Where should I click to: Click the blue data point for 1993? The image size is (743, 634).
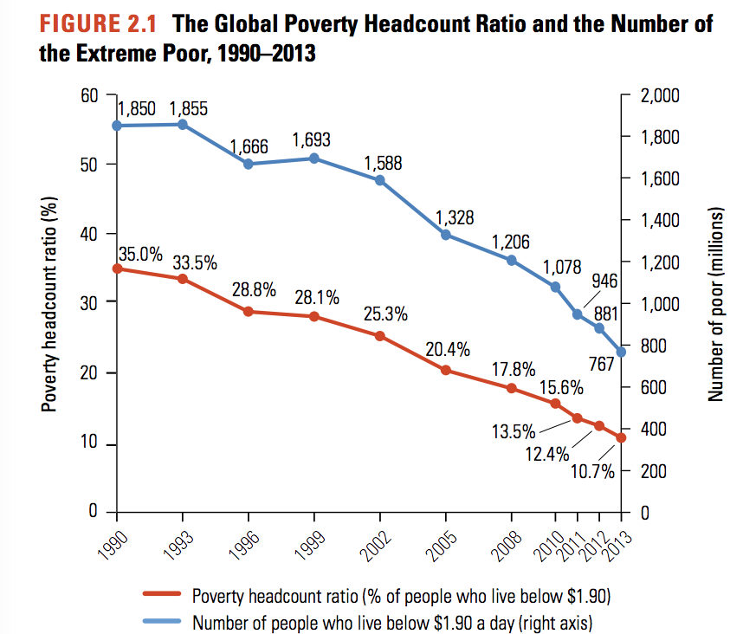tap(183, 125)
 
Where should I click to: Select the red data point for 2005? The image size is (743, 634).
tap(446, 370)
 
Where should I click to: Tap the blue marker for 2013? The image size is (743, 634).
tap(621, 352)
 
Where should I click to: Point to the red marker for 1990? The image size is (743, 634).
tap(117, 268)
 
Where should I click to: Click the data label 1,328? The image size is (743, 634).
tap(454, 218)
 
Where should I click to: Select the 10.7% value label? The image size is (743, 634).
tap(592, 472)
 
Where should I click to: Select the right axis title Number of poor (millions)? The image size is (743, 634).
tap(715, 305)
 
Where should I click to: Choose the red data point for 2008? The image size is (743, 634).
tap(511, 388)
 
